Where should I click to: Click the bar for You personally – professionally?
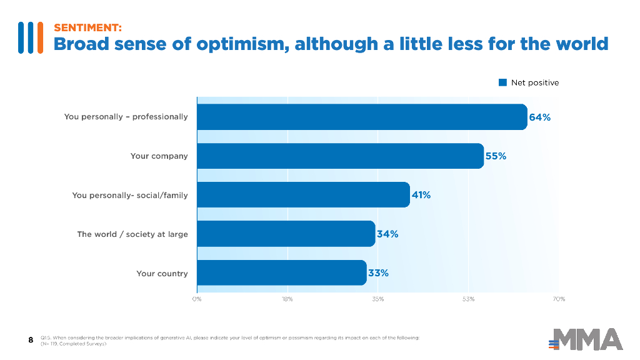362,117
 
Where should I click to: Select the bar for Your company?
340,156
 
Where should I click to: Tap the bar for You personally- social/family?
303,195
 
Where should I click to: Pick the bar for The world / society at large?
286,234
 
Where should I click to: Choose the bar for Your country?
281,272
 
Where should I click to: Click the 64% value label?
540,117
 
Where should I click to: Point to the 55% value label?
496,156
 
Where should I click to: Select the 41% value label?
421,195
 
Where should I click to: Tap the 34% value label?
387,234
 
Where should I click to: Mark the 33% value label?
378,273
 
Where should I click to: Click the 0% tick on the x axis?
197,299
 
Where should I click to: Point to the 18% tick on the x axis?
287,299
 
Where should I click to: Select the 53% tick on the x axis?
469,299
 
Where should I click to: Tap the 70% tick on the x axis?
559,299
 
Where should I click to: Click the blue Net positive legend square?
502,82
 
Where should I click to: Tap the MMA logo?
586,339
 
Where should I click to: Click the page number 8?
31,340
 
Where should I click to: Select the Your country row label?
162,274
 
